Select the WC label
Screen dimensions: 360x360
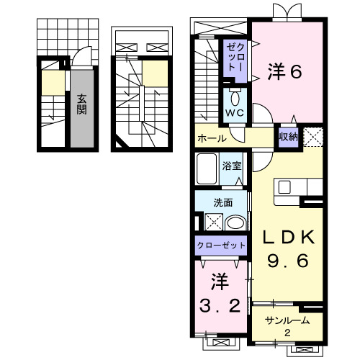[x=234, y=114]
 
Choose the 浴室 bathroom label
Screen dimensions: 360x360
[x=232, y=165]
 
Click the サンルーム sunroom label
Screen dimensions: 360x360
[x=286, y=320]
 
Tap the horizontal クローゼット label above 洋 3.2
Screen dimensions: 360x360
[x=222, y=245]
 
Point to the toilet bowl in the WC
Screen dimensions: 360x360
[x=235, y=97]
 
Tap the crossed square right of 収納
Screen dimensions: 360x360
[x=312, y=136]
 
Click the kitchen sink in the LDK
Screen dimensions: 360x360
[x=284, y=186]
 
